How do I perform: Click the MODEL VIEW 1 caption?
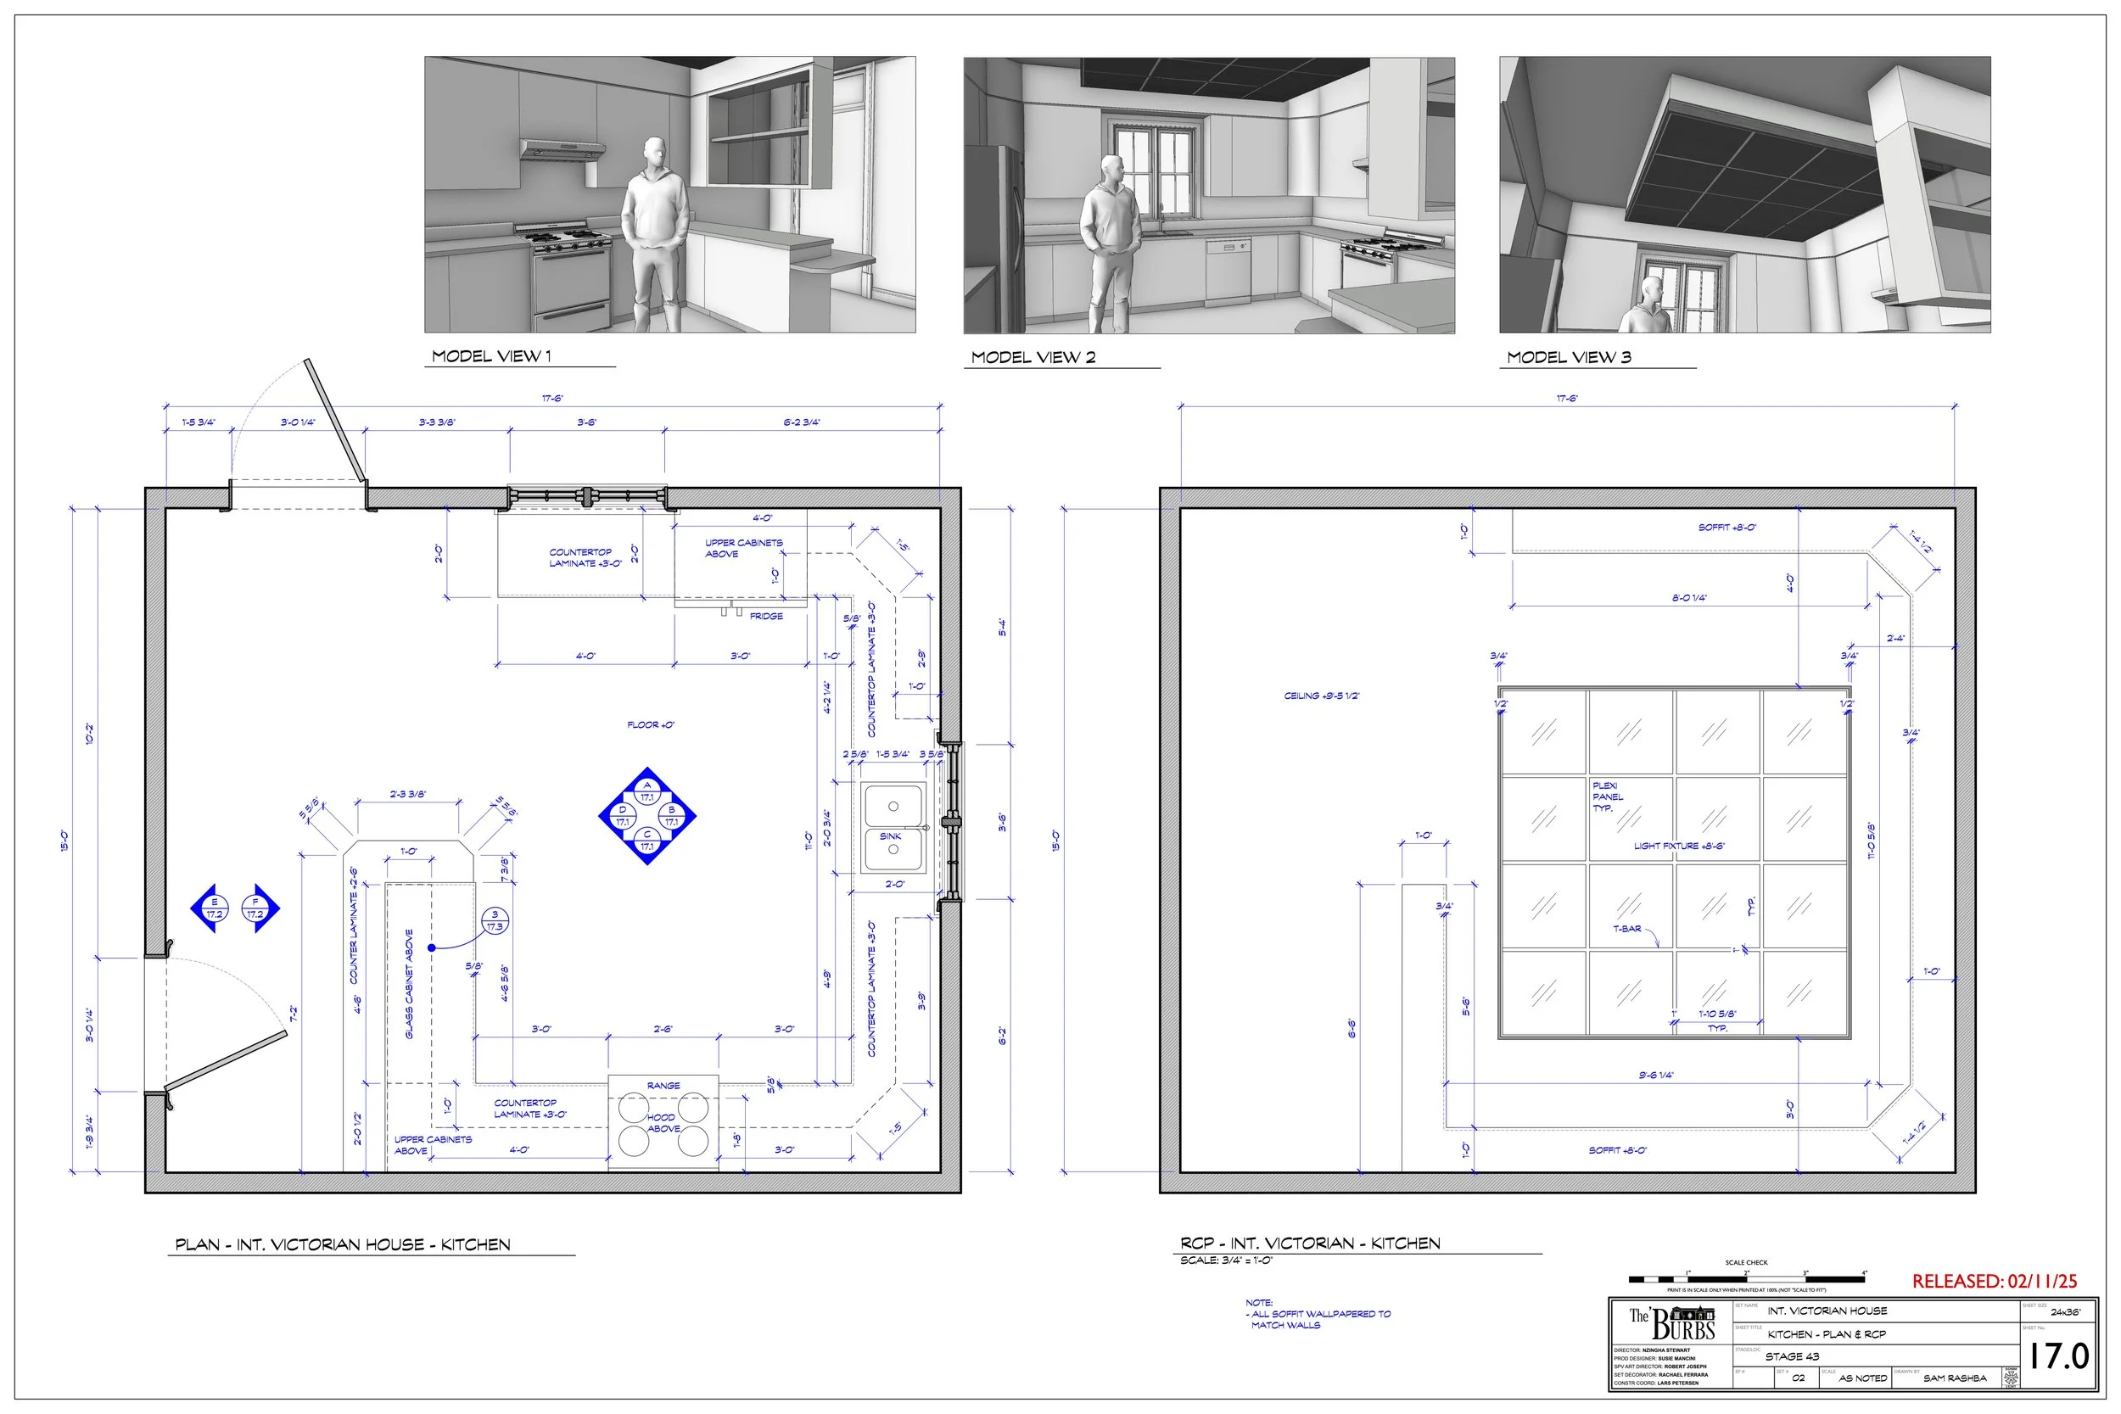tap(491, 356)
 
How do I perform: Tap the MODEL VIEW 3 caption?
tap(1568, 357)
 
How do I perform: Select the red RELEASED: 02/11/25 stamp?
tap(1994, 1282)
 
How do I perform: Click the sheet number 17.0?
tap(2058, 1356)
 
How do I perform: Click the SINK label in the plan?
tap(890, 836)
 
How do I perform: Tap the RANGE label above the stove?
tap(663, 1086)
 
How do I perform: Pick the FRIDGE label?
tap(765, 616)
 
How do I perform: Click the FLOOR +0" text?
tap(650, 725)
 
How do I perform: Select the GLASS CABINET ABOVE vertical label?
tap(410, 984)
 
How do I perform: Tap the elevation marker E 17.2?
tap(214, 908)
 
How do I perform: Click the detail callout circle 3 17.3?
tap(494, 920)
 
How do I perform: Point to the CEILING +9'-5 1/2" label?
tap(1321, 696)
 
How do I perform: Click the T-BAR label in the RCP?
tap(1627, 929)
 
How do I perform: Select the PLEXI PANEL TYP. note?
tap(1607, 797)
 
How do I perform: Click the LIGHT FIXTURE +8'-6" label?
tap(1679, 846)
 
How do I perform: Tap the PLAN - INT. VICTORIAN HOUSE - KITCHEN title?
tap(343, 1245)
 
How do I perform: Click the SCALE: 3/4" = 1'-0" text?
tap(1226, 1260)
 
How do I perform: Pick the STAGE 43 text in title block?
tap(1792, 1356)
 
